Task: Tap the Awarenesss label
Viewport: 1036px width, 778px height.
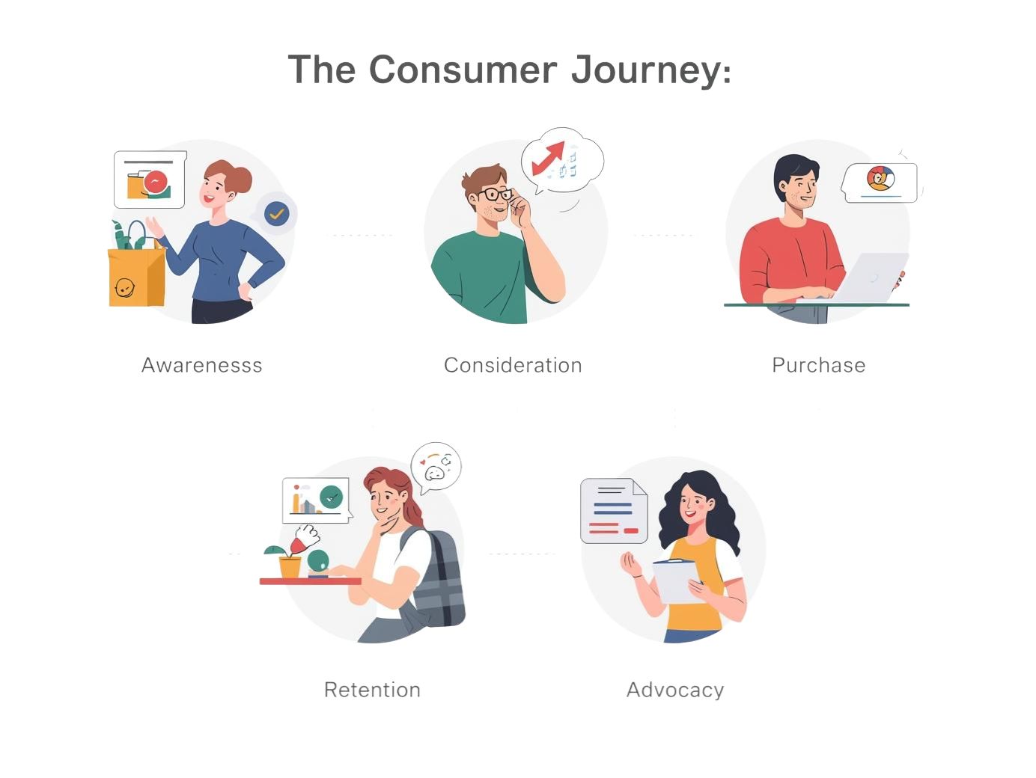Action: click(x=201, y=365)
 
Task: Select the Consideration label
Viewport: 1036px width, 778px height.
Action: click(x=513, y=365)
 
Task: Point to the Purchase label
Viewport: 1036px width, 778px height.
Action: click(x=819, y=365)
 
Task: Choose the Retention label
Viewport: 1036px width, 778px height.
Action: click(x=372, y=690)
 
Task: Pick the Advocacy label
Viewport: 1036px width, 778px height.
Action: click(x=675, y=690)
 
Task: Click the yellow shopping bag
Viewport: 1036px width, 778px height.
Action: click(x=137, y=274)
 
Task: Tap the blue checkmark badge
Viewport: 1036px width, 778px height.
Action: click(x=276, y=214)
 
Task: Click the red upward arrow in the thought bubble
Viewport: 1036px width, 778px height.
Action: click(x=549, y=157)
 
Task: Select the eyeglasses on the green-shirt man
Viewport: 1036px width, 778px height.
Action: click(x=495, y=194)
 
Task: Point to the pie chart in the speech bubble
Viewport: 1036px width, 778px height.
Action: click(x=880, y=178)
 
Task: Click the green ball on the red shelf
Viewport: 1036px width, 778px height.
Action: click(x=317, y=560)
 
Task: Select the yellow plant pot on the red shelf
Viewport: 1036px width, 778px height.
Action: click(x=290, y=567)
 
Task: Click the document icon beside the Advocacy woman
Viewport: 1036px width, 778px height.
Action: click(x=614, y=511)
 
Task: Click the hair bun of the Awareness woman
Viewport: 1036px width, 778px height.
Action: click(x=242, y=180)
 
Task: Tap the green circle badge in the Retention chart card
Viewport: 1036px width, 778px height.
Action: click(x=332, y=497)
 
